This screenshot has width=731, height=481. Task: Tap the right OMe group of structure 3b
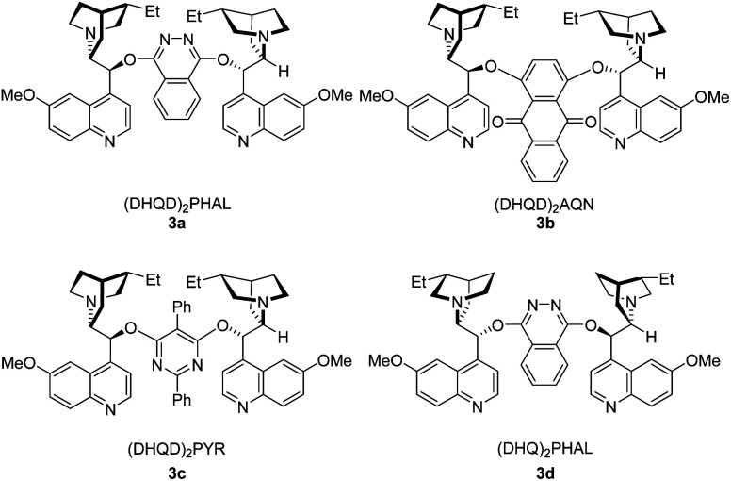(x=709, y=96)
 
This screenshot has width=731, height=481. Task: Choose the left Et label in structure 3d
(x=426, y=279)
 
